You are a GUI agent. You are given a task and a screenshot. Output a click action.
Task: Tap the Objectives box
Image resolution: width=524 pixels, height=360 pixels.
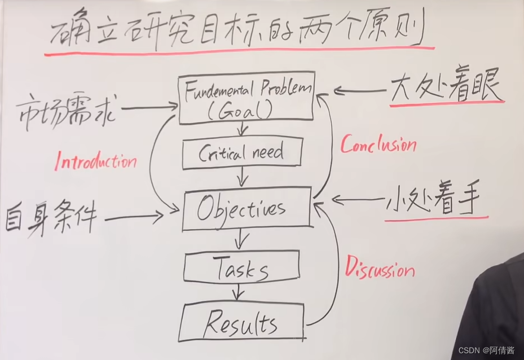(246, 209)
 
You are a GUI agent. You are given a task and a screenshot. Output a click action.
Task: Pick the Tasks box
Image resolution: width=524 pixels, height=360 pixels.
(241, 270)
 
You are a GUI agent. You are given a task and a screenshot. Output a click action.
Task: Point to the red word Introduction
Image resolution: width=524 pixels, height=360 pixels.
(96, 162)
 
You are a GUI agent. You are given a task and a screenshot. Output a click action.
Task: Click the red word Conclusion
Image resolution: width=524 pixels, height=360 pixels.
(378, 145)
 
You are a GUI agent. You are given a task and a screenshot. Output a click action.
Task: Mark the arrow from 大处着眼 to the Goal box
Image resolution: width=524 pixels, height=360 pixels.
(361, 90)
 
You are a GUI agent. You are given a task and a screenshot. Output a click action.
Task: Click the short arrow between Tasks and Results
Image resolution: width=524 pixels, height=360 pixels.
(240, 293)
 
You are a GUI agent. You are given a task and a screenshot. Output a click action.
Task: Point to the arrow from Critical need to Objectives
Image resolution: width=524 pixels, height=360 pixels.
(243, 178)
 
